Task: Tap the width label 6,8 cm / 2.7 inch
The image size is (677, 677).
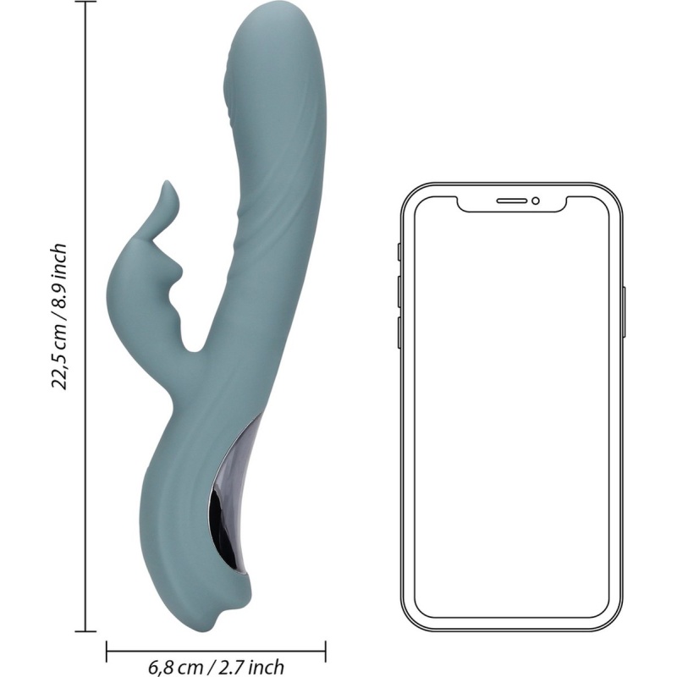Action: [216, 667]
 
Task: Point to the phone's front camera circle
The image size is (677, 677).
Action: [536, 201]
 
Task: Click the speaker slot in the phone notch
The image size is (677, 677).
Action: [512, 201]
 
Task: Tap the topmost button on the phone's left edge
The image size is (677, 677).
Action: [399, 252]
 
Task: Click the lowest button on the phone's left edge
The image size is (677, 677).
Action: [399, 333]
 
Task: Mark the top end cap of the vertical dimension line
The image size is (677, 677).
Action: [85, 3]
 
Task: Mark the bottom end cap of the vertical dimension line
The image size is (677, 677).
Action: [85, 631]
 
